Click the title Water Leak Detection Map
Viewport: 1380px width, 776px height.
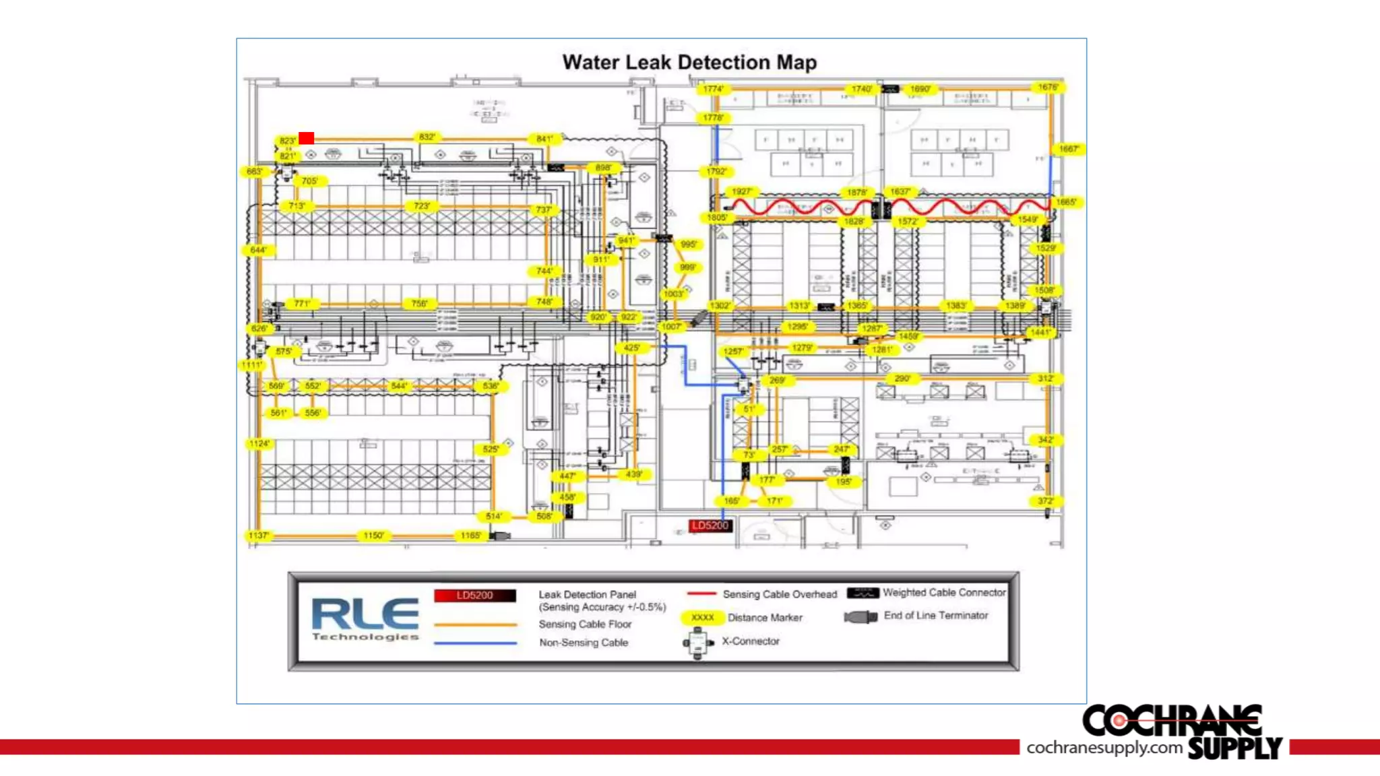(689, 63)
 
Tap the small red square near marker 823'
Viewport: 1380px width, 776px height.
(307, 138)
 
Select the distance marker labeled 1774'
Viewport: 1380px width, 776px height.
(713, 89)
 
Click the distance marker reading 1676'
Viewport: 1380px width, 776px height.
(1048, 88)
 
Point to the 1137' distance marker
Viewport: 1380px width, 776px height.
(259, 536)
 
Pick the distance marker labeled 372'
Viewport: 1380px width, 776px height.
(1045, 501)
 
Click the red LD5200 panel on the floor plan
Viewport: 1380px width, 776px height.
(710, 525)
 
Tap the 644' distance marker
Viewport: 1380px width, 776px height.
(258, 251)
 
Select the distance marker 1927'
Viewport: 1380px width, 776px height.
(741, 192)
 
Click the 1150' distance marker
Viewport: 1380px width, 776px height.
(373, 536)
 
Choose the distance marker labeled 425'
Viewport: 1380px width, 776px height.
(631, 348)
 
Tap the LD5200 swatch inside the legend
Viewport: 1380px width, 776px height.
(475, 595)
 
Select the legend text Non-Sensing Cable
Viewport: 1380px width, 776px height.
(584, 643)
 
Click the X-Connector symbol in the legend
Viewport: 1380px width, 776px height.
(698, 643)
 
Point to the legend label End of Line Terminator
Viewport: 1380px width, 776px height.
(936, 616)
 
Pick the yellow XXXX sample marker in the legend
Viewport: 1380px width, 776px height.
(702, 618)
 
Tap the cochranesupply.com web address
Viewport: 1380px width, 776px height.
(1104, 748)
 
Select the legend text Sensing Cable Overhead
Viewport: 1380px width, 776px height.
(780, 594)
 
